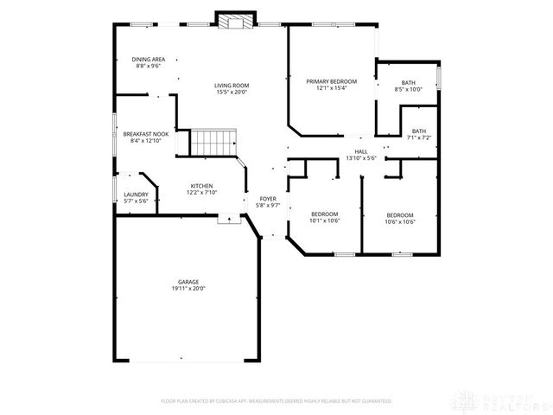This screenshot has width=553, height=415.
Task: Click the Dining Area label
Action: pos(148,59)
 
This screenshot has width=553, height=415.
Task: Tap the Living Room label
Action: pos(232,85)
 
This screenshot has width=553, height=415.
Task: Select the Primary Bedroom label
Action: pos(331,80)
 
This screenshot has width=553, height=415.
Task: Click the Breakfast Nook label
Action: pos(145,134)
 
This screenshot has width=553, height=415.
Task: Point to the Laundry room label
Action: pos(135,195)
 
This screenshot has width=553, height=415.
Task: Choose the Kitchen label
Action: pos(201,186)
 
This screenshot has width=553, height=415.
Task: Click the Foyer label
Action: pos(268,199)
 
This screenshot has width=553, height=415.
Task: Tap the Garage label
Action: pos(189,281)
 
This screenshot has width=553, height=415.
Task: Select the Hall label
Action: pos(360,151)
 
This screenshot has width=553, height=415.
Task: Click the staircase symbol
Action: pos(213,141)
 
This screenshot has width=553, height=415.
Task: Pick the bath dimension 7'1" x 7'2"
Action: pos(419,137)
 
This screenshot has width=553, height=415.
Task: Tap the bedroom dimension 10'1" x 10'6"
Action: pos(325,220)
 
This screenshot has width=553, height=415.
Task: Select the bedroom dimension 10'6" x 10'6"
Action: pos(400,221)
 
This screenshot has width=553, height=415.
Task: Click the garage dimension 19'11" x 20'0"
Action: pos(189,288)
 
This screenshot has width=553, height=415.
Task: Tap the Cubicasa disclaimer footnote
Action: pos(276,401)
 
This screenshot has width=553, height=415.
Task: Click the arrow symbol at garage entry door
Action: pos(229,220)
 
